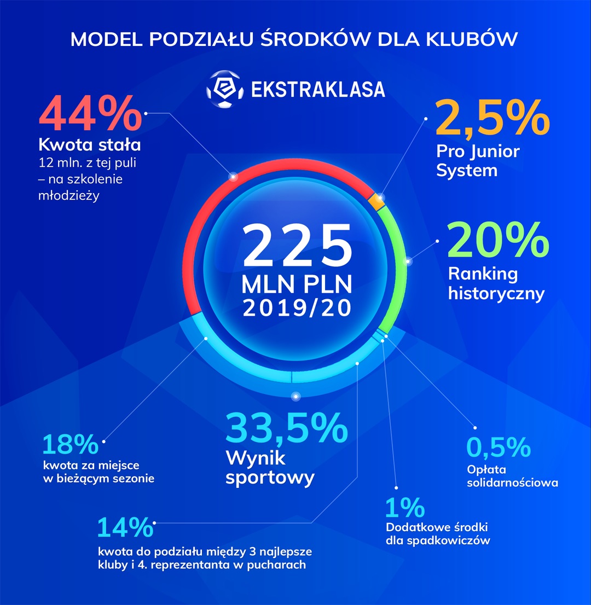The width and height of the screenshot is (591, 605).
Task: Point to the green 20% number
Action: [498, 241]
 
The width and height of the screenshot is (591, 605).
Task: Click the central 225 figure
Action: [297, 245]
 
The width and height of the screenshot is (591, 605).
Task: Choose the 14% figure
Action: [125, 527]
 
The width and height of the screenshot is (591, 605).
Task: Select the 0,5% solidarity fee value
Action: [499, 447]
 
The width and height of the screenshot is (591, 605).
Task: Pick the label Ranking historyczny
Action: [496, 283]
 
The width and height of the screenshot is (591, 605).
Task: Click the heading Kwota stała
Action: [90, 146]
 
